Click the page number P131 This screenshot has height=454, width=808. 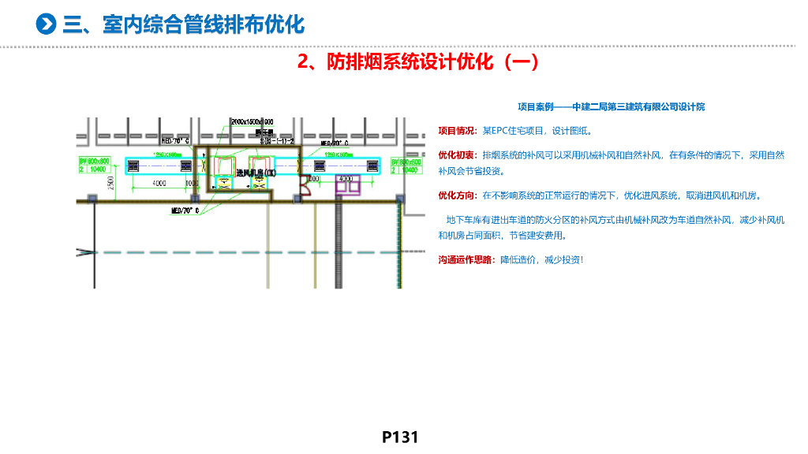click(399, 437)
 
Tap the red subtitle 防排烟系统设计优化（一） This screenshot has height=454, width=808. click(418, 61)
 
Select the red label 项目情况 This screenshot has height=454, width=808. click(457, 131)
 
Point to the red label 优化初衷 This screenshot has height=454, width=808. click(457, 156)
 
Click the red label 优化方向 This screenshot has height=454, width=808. click(457, 195)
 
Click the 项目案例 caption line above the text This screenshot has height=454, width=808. click(611, 106)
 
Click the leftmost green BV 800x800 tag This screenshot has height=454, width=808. click(94, 164)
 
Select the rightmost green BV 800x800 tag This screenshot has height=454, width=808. click(402, 165)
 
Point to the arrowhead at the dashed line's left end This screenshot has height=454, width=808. click(82, 252)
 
